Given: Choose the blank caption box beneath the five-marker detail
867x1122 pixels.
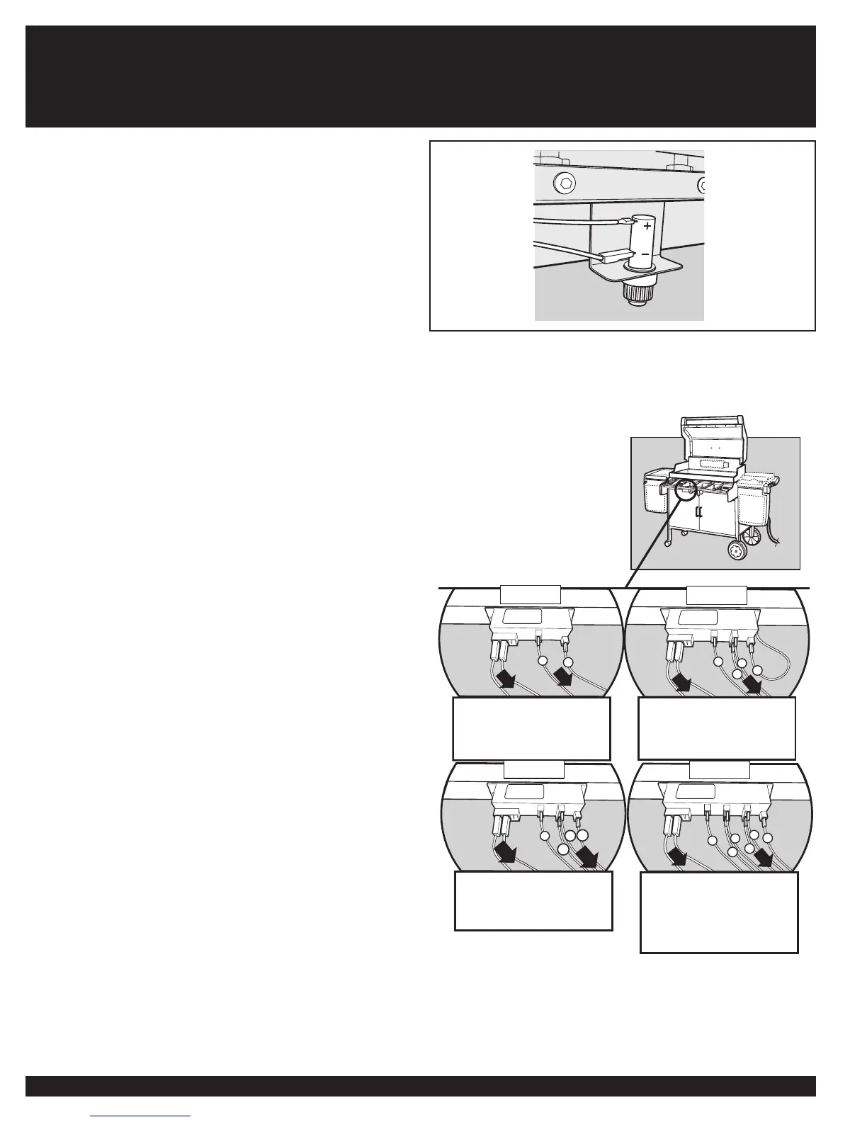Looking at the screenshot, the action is (x=719, y=912).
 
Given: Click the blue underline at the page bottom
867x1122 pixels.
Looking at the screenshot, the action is (x=141, y=1116).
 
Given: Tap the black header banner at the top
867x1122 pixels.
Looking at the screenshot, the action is (x=420, y=76).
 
